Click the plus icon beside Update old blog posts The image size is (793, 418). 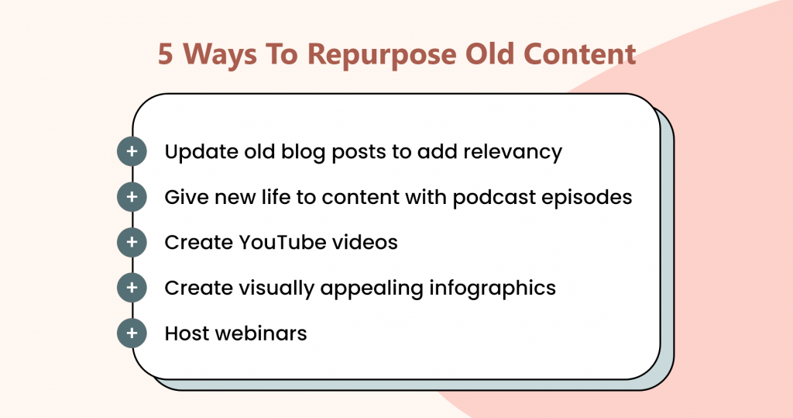click(132, 151)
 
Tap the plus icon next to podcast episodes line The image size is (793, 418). click(132, 196)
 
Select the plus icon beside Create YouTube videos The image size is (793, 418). click(132, 242)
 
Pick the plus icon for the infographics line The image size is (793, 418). click(132, 287)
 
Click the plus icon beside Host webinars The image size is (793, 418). click(132, 333)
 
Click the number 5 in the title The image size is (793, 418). click(166, 54)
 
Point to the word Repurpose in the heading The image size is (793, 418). click(382, 55)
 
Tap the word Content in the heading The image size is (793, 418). click(579, 54)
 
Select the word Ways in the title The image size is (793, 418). click(219, 55)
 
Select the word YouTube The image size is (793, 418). click(282, 242)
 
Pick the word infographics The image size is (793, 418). click(493, 288)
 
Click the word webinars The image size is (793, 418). click(261, 333)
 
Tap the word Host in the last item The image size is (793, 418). click(187, 333)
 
